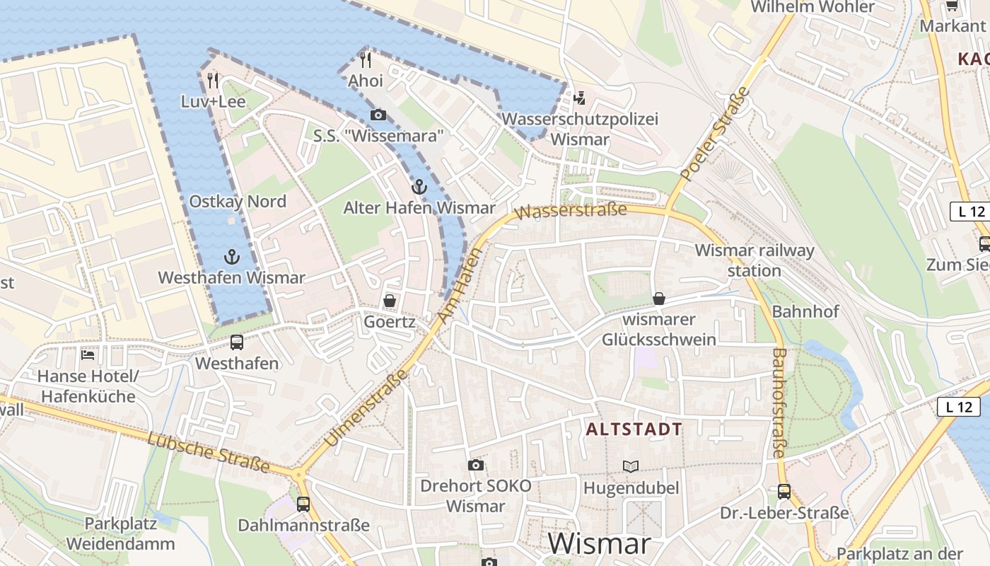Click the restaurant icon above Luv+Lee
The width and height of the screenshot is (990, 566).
click(213, 81)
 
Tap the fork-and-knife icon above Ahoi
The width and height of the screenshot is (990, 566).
click(366, 59)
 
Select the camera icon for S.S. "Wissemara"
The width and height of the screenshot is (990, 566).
click(378, 115)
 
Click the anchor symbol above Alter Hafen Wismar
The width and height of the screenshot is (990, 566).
click(419, 187)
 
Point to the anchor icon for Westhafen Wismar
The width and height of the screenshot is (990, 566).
click(231, 257)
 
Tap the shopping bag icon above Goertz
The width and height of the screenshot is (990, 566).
click(389, 301)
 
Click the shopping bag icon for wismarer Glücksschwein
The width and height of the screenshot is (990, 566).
click(659, 299)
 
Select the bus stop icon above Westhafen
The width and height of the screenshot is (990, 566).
click(237, 342)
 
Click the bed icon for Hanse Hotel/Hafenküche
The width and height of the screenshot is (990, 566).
click(88, 354)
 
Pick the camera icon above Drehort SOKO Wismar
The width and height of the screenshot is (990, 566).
click(476, 465)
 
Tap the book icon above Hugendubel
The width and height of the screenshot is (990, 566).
click(631, 466)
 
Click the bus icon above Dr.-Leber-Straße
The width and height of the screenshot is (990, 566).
click(784, 491)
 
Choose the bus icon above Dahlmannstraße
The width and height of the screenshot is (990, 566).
click(303, 504)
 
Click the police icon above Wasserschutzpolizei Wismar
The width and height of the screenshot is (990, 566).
click(581, 98)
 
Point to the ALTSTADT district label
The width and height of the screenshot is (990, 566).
click(634, 429)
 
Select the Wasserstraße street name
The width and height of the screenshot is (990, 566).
click(572, 210)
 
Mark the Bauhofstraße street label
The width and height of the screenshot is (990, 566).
click(779, 403)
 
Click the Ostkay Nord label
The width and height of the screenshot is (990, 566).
click(238, 202)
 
